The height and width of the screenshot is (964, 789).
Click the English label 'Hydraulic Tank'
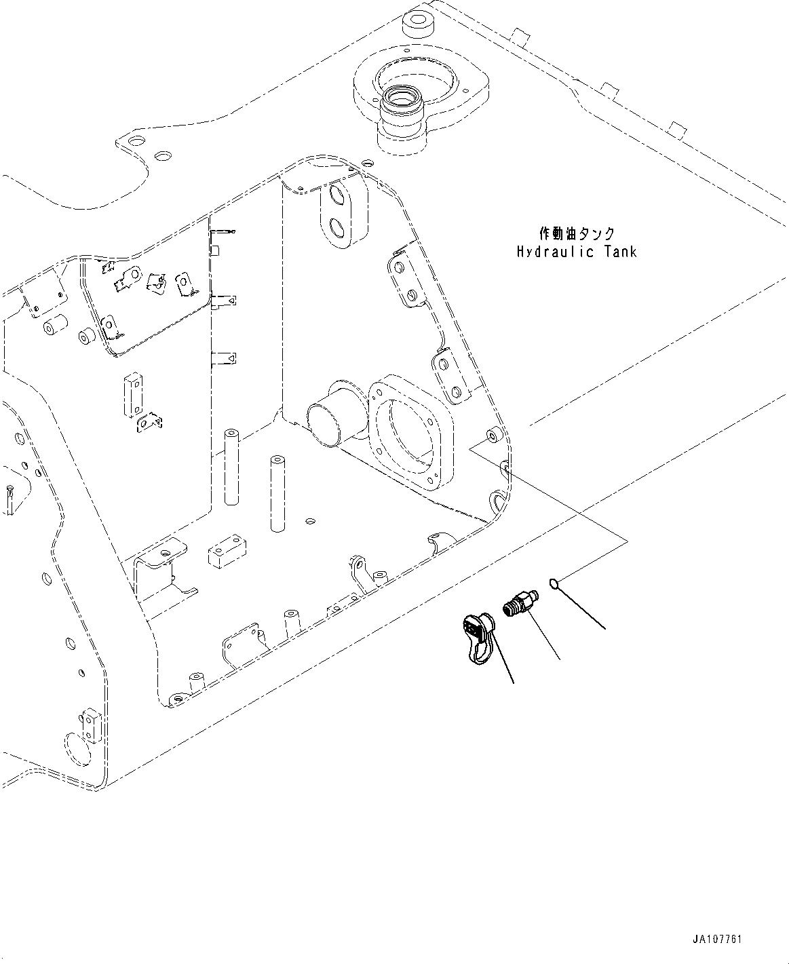point(577,252)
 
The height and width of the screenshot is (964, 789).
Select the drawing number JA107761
point(717,940)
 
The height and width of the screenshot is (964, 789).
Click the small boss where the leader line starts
point(493,435)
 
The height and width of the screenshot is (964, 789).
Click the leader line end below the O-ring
point(604,628)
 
